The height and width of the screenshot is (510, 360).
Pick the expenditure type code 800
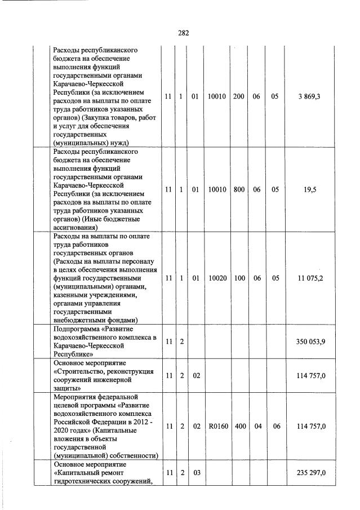tap(239, 190)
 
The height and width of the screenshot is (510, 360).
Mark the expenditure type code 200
tap(239, 97)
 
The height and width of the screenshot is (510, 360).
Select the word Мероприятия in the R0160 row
tap(74, 397)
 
